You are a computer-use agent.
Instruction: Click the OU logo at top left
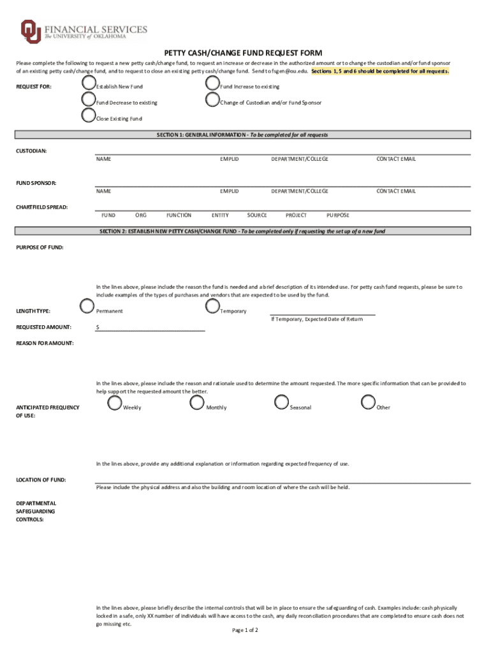coord(30,32)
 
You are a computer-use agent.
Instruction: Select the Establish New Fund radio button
coord(88,84)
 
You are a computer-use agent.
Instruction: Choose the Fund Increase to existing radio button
coord(212,84)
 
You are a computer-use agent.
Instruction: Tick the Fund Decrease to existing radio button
coord(88,99)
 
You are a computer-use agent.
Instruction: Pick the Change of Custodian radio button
coord(212,99)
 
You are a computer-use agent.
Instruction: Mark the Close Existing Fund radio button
coord(88,115)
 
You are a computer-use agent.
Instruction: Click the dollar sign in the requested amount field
coord(98,327)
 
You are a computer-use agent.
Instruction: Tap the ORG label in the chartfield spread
coord(141,216)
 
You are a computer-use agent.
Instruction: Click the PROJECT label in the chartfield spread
coord(297,216)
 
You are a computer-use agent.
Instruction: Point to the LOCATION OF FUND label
coord(41,480)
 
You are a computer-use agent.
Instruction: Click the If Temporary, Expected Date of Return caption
coord(316,319)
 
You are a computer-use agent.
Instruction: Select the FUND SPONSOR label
coord(36,183)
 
